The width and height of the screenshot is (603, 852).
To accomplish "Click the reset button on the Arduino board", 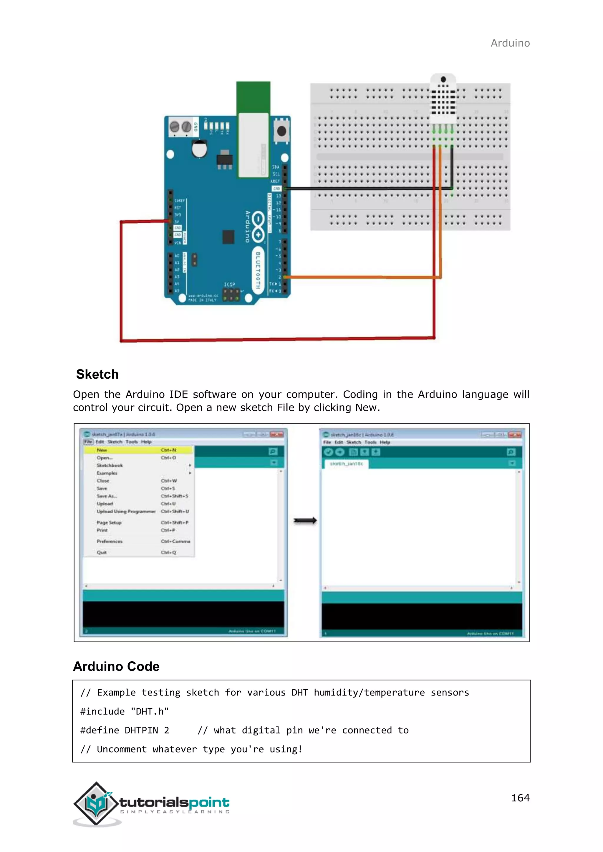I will [x=281, y=131].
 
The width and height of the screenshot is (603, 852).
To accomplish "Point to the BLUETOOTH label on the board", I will [x=258, y=270].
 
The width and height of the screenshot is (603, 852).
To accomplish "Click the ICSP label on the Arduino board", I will [x=229, y=284].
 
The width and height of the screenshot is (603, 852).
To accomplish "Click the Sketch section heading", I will [x=97, y=374].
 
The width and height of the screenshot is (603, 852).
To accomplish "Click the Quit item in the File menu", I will [x=102, y=552].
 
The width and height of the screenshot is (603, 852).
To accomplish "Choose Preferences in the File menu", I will [x=110, y=541].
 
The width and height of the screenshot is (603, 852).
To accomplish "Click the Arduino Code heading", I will [x=116, y=666].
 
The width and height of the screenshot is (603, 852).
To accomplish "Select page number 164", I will [x=520, y=798].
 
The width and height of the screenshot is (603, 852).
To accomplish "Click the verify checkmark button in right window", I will [x=328, y=452].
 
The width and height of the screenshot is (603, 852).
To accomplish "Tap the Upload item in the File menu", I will [x=105, y=504].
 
